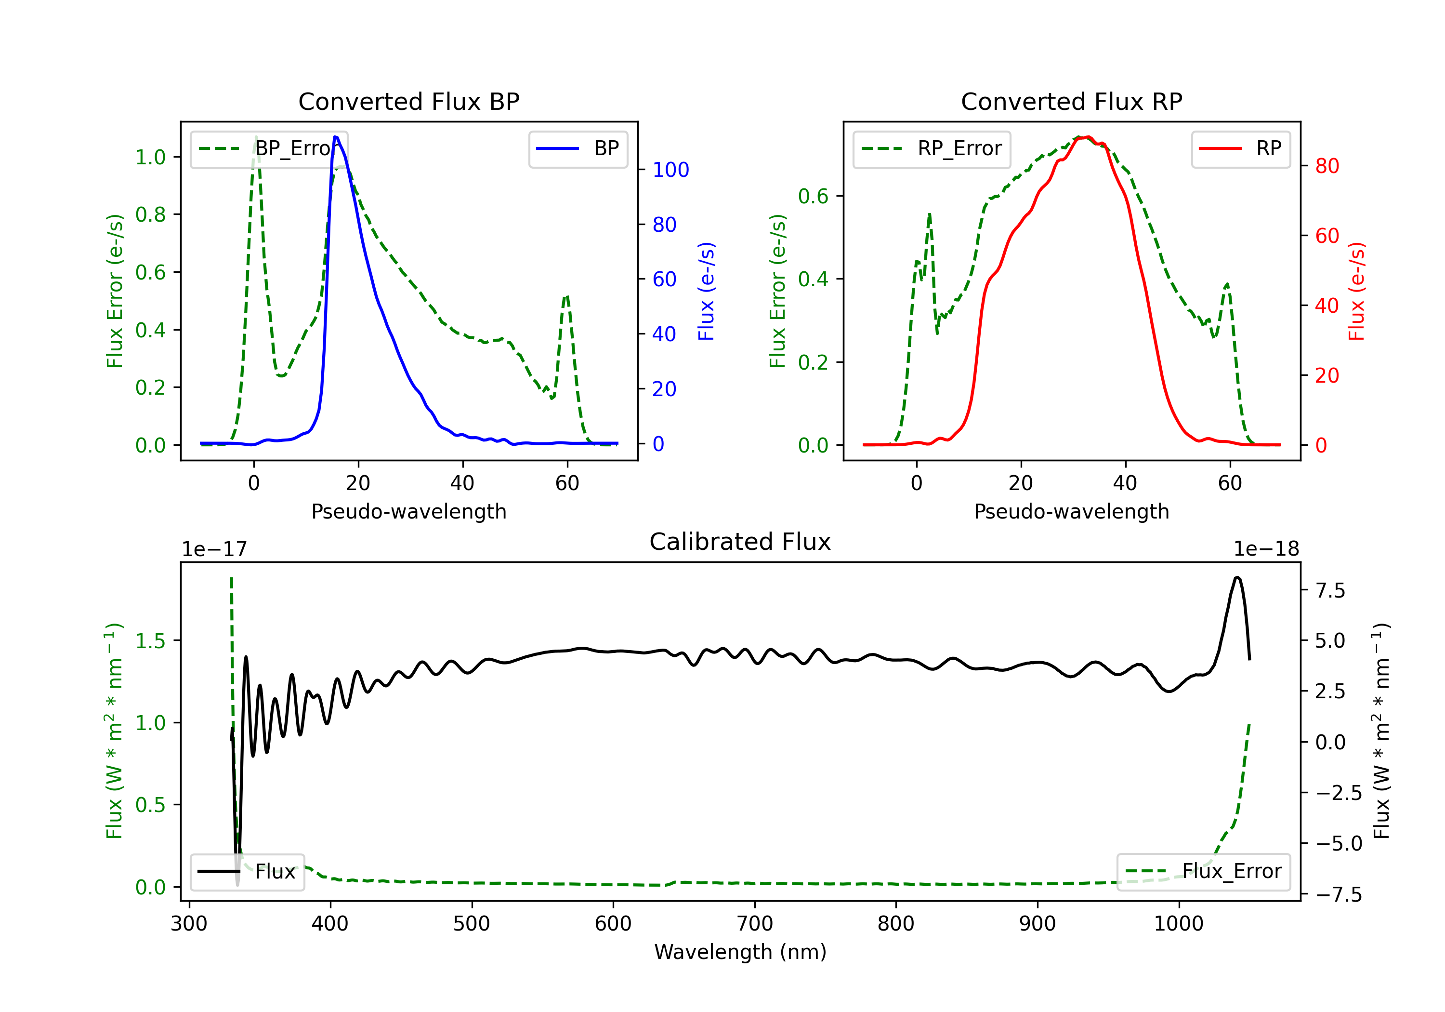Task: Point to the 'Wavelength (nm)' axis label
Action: tap(740, 952)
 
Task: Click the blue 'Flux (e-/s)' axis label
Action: tap(707, 291)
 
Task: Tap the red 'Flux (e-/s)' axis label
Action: tap(1357, 291)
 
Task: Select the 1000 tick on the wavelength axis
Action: tap(1178, 924)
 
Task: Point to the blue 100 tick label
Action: tap(670, 170)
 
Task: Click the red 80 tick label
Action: tap(1327, 166)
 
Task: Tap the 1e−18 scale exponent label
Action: tap(1266, 549)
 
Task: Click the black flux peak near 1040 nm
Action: tap(1237, 577)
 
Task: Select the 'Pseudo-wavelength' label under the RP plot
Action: tap(1071, 511)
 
